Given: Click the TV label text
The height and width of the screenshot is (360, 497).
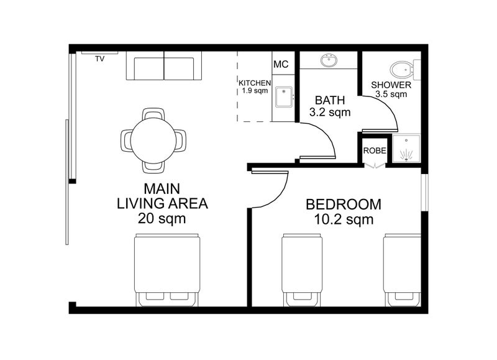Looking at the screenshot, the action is tap(100, 58).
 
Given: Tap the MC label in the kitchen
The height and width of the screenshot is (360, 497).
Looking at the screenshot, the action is tap(281, 64).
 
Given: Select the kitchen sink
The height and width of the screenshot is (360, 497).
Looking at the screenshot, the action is tap(284, 97).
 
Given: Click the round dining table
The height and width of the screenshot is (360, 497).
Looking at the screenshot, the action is tap(153, 141).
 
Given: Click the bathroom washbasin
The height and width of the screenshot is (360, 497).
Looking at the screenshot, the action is tap(329, 60).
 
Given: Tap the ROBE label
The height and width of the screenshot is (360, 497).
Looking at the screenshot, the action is tap(375, 150).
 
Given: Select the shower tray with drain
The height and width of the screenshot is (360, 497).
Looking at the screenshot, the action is tap(406, 149).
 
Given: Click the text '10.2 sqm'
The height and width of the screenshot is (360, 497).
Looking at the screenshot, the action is tap(344, 219).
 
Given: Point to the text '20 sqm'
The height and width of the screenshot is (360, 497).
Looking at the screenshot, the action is tap(162, 218).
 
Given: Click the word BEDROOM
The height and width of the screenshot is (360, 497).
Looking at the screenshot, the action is tap(344, 205).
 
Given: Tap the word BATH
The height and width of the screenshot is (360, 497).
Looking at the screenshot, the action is tap(330, 100).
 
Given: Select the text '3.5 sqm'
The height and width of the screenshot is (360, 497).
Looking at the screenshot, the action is tap(391, 95).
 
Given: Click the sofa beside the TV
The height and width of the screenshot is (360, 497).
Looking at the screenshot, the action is tap(164, 65).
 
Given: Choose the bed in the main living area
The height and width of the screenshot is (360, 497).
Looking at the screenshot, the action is tap(167, 270).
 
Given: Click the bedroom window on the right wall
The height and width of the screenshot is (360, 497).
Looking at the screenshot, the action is tap(424, 192).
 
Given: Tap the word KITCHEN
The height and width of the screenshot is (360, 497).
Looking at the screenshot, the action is tap(255, 83).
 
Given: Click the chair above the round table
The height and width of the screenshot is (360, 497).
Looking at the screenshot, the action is tap(153, 114).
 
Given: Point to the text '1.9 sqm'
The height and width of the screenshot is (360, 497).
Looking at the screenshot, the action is tap(255, 91).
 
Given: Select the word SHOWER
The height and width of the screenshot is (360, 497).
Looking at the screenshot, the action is tap(391, 85).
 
